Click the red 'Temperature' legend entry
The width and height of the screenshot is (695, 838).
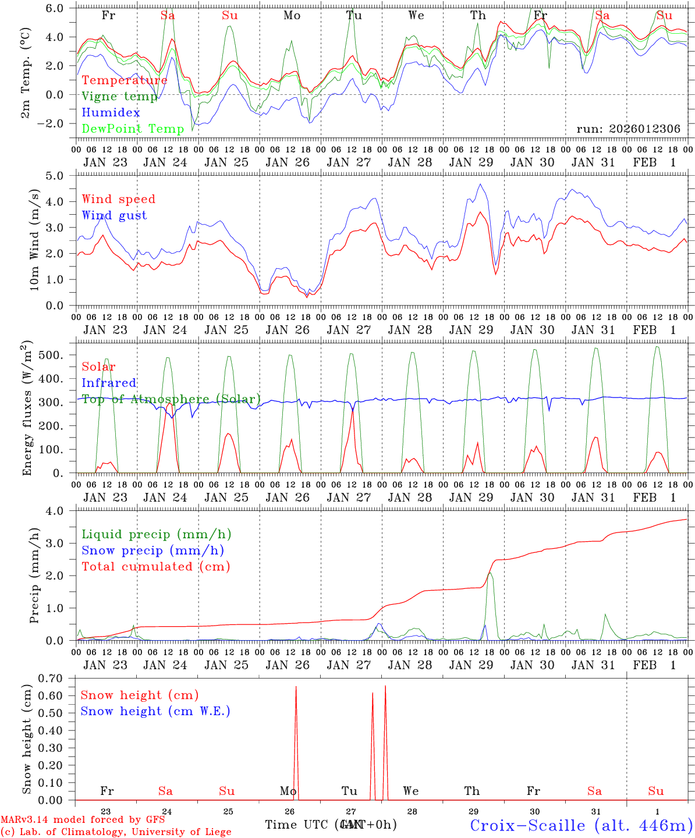(125, 80)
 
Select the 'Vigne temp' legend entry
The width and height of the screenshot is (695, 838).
(119, 97)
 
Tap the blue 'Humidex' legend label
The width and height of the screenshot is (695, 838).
(111, 113)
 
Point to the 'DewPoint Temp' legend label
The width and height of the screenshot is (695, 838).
(133, 129)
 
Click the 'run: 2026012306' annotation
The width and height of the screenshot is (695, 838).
(628, 129)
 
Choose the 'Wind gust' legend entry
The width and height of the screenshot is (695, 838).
(114, 215)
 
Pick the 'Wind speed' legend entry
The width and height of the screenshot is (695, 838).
(119, 199)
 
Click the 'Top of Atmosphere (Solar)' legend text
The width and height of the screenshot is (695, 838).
(171, 399)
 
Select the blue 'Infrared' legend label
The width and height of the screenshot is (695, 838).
(109, 383)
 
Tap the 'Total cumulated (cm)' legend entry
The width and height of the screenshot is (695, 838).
(156, 566)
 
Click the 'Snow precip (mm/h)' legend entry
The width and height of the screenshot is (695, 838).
(153, 551)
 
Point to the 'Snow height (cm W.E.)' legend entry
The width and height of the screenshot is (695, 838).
(155, 711)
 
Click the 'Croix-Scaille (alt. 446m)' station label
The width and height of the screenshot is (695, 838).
(581, 825)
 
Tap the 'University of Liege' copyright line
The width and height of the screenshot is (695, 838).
(116, 832)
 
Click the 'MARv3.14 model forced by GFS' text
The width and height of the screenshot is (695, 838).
(83, 820)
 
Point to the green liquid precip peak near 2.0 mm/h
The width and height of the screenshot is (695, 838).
(490, 574)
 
